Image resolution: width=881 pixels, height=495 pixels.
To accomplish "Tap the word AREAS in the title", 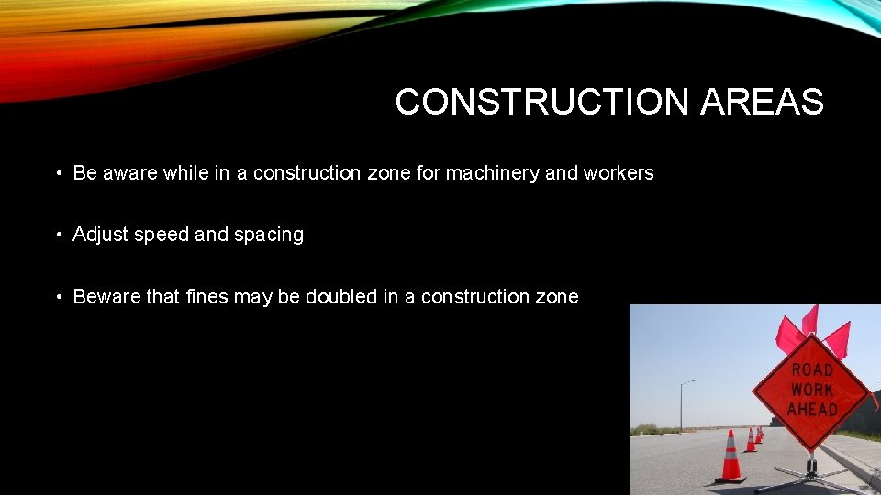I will [x=762, y=102].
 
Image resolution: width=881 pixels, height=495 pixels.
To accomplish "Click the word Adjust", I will [x=100, y=235].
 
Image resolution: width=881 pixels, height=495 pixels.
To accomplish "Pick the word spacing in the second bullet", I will [x=268, y=235].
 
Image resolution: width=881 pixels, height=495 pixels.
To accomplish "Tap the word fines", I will [x=207, y=296].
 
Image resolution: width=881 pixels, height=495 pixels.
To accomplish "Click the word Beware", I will [x=106, y=296].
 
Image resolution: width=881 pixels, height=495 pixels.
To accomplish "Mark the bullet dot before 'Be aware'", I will [x=58, y=173].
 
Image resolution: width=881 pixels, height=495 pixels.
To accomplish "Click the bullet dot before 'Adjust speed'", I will [x=58, y=236].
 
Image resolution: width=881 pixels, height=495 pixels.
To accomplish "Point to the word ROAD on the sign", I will [x=811, y=369].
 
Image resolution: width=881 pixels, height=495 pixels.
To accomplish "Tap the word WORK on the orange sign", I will [x=811, y=389].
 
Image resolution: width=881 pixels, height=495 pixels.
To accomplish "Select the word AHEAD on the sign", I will [x=811, y=409].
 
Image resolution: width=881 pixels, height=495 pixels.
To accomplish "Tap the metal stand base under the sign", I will [x=809, y=475].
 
